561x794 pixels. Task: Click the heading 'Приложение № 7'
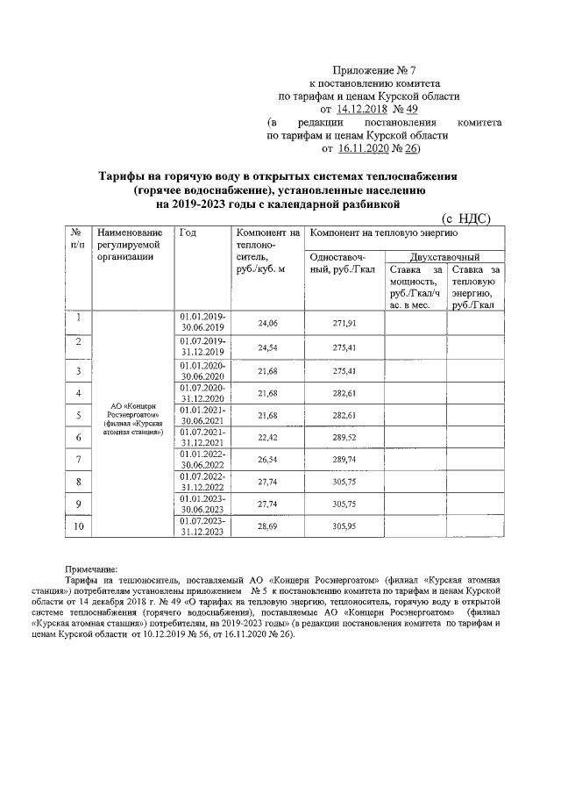(x=372, y=69)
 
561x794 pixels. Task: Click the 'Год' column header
(x=188, y=232)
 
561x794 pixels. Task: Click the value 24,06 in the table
(x=266, y=324)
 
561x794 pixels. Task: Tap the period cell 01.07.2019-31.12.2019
(x=203, y=347)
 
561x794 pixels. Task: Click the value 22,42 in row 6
(x=266, y=436)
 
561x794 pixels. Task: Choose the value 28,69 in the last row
(x=266, y=526)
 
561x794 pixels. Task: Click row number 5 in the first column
(x=79, y=414)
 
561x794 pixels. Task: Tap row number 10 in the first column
(x=79, y=526)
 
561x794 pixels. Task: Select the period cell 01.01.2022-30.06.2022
(x=203, y=459)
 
